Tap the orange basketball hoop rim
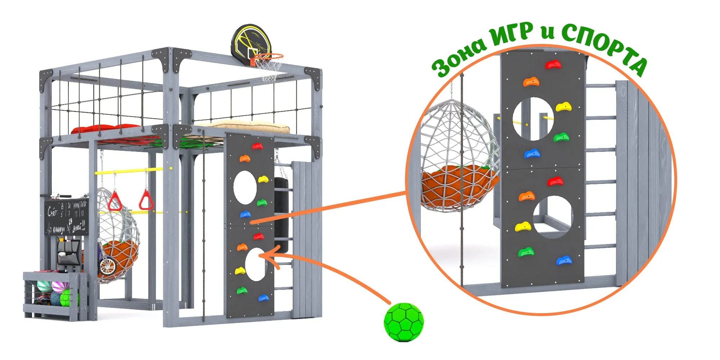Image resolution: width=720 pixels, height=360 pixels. pos(268,57)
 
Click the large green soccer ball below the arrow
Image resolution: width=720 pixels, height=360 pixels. pos(404,322)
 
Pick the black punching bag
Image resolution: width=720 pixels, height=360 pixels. pos(281,212)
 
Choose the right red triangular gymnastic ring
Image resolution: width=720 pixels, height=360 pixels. pos(146,200)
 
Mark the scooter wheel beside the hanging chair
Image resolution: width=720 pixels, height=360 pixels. pos(107,267)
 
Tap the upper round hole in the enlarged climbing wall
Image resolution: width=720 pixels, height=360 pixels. pos(533,119)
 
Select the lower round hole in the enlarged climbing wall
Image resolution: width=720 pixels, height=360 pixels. pos(553,217)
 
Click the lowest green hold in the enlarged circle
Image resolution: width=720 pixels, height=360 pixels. pos(526,252)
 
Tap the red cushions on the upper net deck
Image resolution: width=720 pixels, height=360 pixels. pos(108,129)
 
